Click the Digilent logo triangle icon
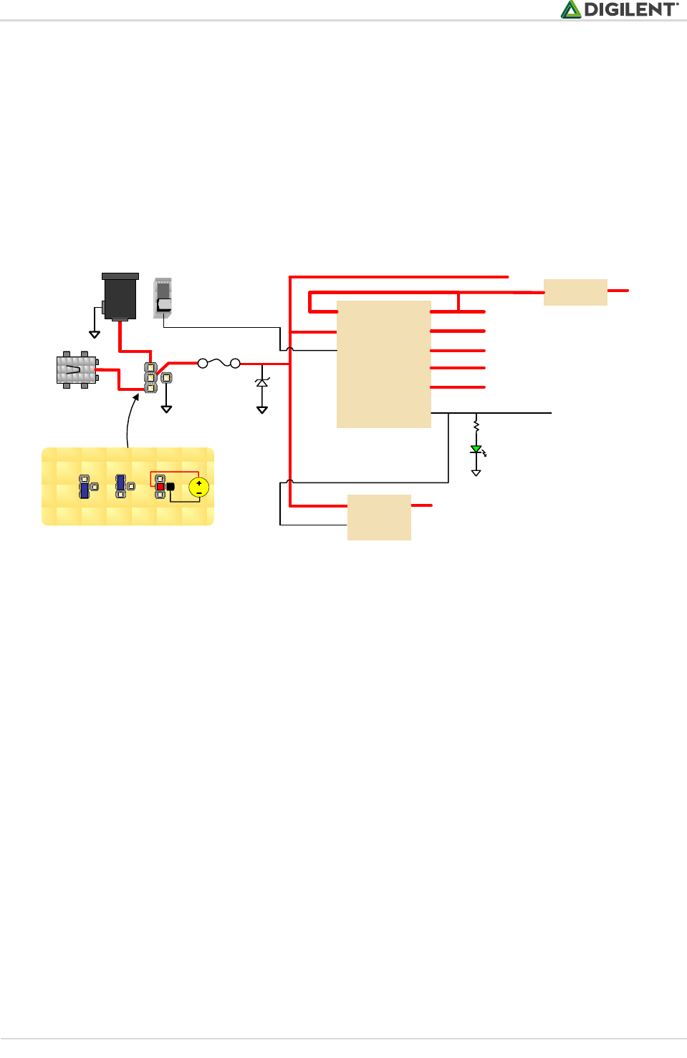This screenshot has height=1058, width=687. [571, 9]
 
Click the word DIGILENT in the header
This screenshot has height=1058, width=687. [630, 10]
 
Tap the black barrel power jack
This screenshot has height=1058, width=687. [120, 296]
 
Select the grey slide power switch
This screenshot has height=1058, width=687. [163, 298]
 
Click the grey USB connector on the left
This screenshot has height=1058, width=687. [77, 369]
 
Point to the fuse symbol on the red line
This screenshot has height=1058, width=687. [218, 363]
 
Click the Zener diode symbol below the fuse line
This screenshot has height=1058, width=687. [262, 383]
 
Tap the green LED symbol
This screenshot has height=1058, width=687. [476, 450]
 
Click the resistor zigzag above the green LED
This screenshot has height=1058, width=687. [476, 426]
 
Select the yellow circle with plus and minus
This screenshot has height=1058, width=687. [198, 487]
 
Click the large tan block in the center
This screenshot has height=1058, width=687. [384, 364]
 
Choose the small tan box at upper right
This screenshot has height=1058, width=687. [575, 292]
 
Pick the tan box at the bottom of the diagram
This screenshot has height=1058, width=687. [379, 517]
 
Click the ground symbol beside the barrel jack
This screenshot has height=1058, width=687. [95, 334]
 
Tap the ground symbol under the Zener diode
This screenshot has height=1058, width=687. [262, 409]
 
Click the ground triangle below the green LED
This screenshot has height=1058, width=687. [476, 472]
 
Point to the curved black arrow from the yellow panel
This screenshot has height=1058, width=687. [130, 419]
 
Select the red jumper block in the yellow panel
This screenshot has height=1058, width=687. [160, 487]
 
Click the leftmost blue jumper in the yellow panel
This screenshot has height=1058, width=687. [85, 490]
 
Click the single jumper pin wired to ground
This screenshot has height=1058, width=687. [166, 377]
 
